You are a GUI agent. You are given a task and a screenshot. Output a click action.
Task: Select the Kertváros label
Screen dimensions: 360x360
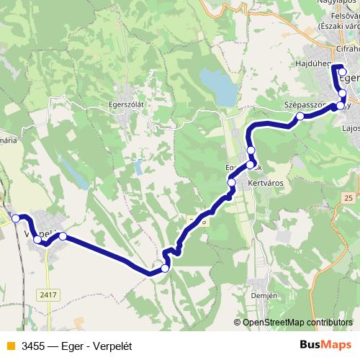click(x=266, y=183)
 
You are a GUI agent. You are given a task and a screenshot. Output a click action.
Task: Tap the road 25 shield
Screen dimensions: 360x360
click(x=349, y=197)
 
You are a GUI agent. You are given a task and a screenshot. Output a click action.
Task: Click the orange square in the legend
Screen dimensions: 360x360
click(x=9, y=346)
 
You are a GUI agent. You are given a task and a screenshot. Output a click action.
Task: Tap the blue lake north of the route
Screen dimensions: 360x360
click(x=218, y=86)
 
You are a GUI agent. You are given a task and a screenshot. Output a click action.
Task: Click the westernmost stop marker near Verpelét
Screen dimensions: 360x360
click(x=16, y=218)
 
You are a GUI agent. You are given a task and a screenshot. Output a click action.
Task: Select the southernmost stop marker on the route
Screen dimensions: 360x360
click(x=165, y=269)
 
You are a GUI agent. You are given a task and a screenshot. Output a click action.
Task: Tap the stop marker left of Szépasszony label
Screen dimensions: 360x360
click(x=300, y=115)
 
